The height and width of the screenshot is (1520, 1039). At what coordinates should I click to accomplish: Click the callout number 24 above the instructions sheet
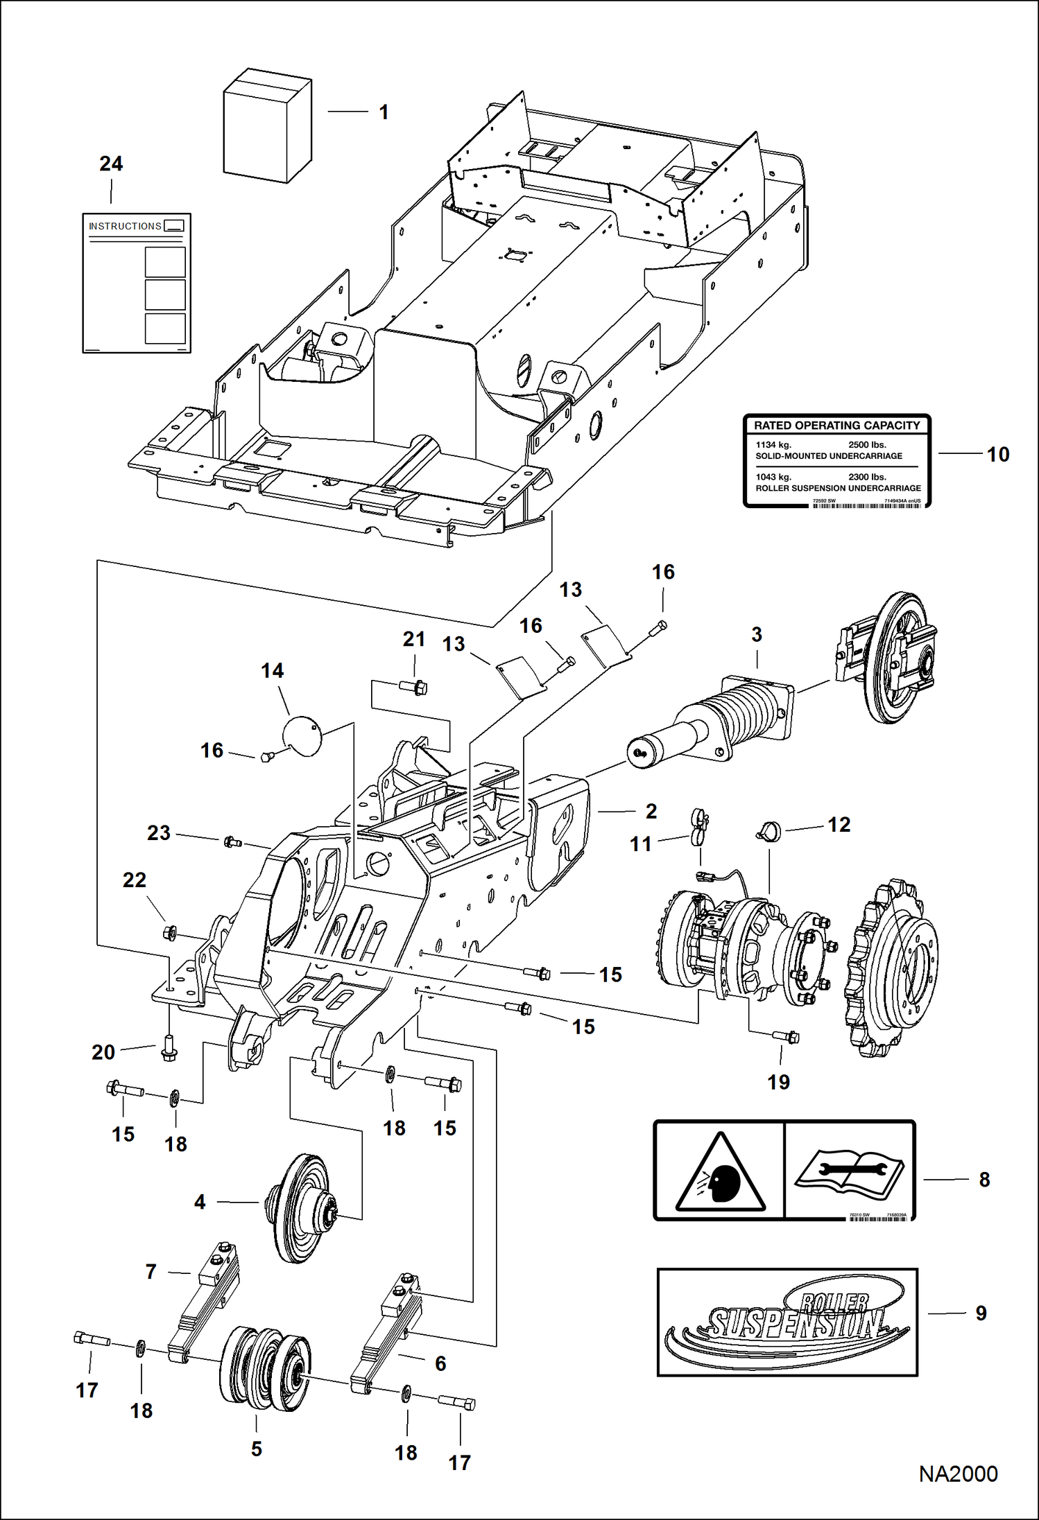[111, 164]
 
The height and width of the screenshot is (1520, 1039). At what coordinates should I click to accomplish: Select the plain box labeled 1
[267, 126]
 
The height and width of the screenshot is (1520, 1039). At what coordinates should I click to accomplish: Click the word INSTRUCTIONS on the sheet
[125, 226]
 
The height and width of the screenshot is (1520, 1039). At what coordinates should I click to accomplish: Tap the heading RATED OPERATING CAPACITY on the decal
[836, 426]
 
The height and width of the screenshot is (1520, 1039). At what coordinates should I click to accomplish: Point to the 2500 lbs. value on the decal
[867, 445]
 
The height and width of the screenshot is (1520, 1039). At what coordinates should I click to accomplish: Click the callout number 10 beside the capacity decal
[997, 455]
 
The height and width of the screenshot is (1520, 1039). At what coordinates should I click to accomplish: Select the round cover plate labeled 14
[302, 735]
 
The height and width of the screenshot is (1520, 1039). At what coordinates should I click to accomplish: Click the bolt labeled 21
[414, 688]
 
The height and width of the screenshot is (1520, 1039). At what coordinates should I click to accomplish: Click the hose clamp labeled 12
[768, 831]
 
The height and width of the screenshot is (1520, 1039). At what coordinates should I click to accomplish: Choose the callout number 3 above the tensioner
[757, 634]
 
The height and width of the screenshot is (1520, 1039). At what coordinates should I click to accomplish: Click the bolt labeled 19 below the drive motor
[786, 1037]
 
